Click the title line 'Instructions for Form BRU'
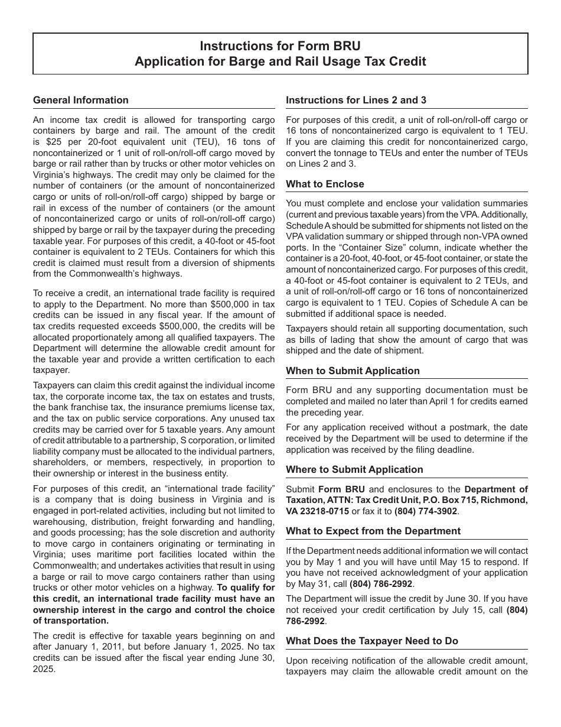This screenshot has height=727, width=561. tap(280, 46)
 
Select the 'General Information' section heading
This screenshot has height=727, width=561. tap(81, 100)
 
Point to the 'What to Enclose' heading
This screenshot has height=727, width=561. tap(325, 184)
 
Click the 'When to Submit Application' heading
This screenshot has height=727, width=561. tap(353, 371)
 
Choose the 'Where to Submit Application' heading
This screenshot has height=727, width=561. tap(354, 470)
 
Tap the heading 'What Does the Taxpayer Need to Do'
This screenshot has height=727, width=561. tap(372, 641)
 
